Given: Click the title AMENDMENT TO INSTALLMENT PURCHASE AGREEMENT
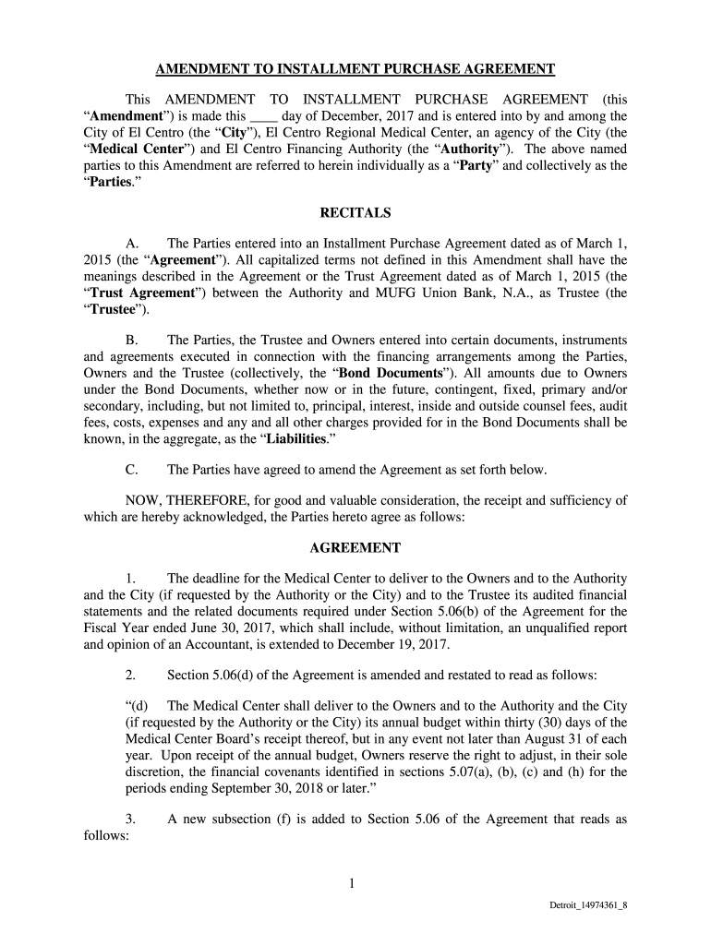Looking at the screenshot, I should point(355,69).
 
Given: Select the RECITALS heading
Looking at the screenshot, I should point(355,213).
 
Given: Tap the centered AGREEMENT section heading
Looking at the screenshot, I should point(355,547).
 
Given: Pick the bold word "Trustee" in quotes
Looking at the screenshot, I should point(113,310).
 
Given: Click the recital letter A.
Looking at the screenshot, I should point(131,244).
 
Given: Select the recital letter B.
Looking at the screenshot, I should point(131,341).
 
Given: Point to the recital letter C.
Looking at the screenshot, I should point(131,470).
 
